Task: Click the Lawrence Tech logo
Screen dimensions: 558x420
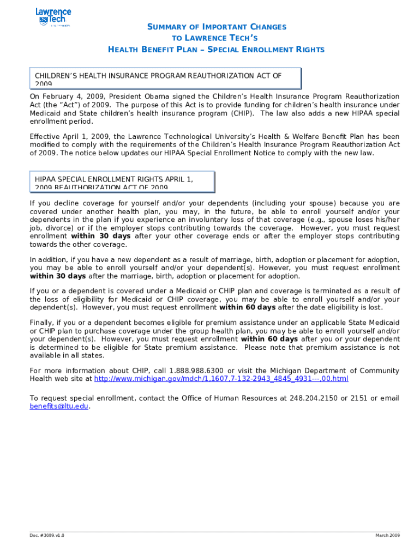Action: [52, 17]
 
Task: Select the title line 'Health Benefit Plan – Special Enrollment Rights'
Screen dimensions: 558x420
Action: [216, 50]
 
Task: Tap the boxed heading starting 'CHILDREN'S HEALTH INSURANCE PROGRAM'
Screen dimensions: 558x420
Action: [165, 78]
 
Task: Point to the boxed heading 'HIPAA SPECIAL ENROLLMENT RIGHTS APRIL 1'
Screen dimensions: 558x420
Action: [122, 182]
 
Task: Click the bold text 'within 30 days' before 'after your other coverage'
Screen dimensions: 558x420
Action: [101, 236]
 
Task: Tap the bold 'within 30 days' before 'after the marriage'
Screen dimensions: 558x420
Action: [58, 276]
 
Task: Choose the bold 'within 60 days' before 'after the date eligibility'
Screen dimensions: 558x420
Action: [247, 307]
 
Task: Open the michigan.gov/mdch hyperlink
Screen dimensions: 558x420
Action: [221, 379]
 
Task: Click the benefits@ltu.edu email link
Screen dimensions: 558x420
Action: [58, 406]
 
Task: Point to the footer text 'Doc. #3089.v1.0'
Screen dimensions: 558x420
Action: [47, 536]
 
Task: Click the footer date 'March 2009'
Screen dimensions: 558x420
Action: [387, 536]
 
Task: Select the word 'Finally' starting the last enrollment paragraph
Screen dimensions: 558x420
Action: [41, 323]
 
